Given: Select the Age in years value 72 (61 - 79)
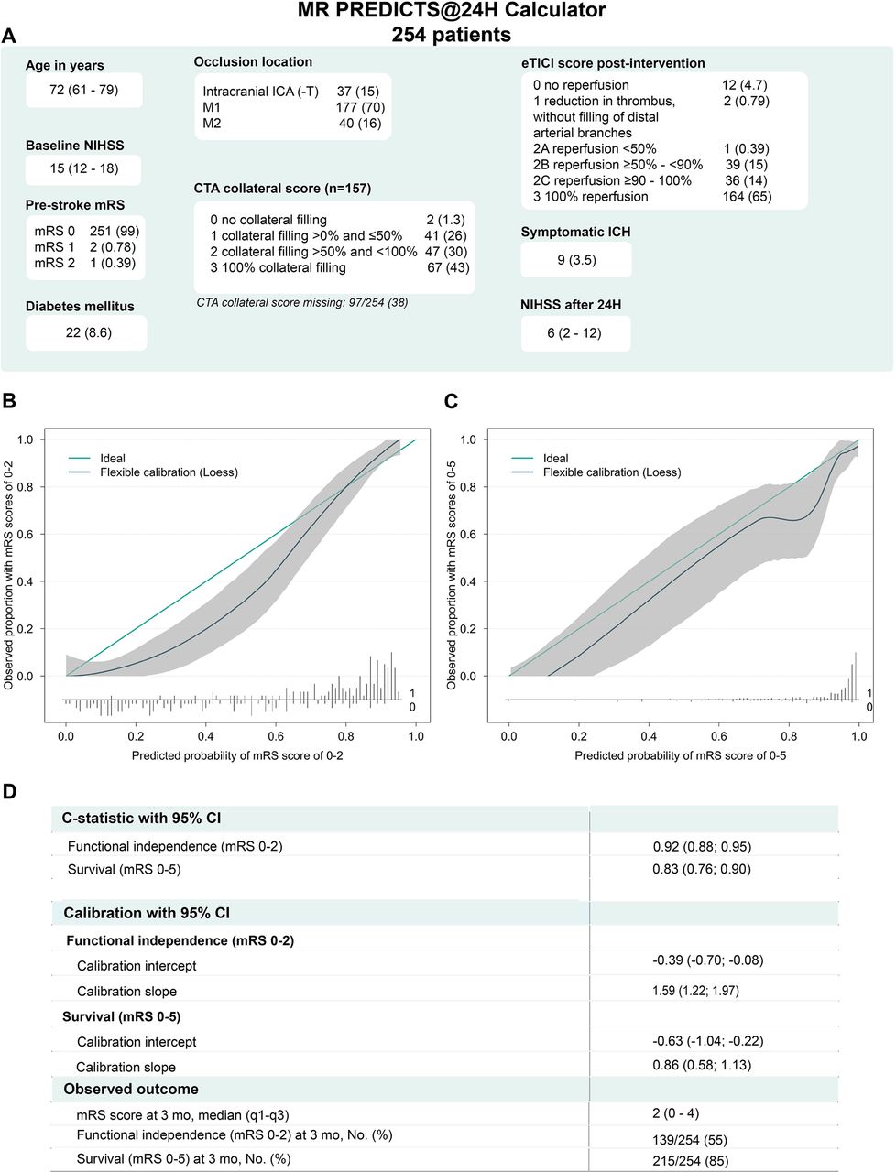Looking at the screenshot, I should pyautogui.click(x=83, y=90).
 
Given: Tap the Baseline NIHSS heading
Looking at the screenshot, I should pyautogui.click(x=74, y=146).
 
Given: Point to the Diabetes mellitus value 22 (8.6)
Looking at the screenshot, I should pyautogui.click(x=88, y=332).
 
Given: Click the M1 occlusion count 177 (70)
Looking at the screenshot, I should pyautogui.click(x=360, y=107).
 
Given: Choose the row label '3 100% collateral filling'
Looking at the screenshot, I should pyautogui.click(x=278, y=267).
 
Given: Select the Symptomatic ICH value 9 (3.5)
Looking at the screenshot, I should pyautogui.click(x=576, y=260).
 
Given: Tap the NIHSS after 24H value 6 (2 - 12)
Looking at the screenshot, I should pyautogui.click(x=574, y=332).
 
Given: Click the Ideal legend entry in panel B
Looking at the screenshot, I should pyautogui.click(x=113, y=458).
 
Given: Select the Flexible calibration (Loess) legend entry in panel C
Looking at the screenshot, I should pyautogui.click(x=611, y=472).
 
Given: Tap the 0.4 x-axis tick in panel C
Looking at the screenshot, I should pyautogui.click(x=649, y=735).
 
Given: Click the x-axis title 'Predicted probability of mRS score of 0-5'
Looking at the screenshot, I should pyautogui.click(x=680, y=755).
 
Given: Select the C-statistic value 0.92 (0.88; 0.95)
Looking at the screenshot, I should pyautogui.click(x=702, y=846).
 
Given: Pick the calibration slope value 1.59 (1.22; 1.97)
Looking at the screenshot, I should pyautogui.click(x=695, y=990).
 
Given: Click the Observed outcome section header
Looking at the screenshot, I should pyautogui.click(x=131, y=1089).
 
